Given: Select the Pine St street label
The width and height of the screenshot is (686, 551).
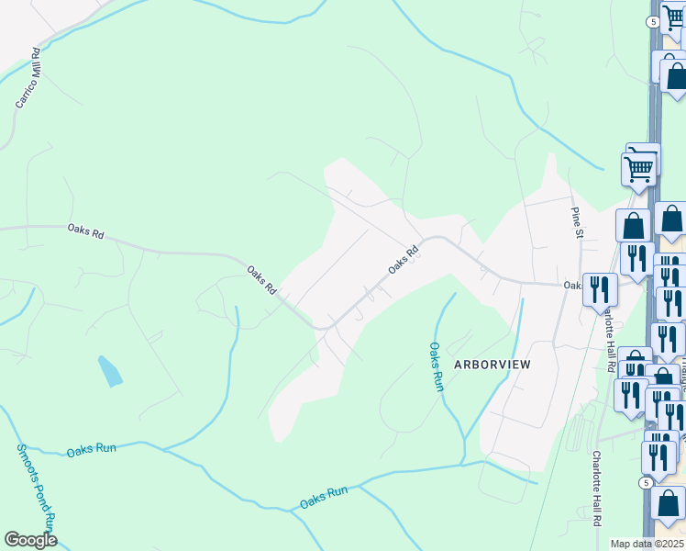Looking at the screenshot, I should point(577,222).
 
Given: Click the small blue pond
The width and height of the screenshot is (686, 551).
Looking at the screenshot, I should point(109,370).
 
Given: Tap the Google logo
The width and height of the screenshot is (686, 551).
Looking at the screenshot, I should point(30,540).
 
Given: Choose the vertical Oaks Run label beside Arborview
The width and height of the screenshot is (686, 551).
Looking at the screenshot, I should point(437,366).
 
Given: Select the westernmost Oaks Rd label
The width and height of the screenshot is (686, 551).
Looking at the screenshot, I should point(86,231).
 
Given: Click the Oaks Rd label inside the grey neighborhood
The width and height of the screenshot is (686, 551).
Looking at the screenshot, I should point(403,257).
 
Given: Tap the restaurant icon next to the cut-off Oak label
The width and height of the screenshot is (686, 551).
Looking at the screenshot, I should point(600,289).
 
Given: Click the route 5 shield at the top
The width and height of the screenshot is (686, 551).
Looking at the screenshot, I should point(651,21).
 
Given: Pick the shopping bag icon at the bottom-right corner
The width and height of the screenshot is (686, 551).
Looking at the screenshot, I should point(669,504).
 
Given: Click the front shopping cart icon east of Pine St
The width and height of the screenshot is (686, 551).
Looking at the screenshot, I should point(637,168).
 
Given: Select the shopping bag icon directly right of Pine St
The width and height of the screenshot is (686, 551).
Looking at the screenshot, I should point(633,225).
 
